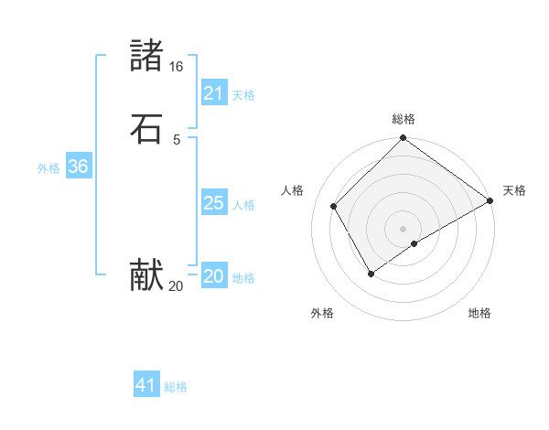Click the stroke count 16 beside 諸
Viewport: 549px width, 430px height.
tap(176, 67)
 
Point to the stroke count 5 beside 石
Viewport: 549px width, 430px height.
tap(176, 139)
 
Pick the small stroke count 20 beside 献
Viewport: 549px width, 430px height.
tap(176, 286)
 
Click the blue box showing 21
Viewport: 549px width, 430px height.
tap(213, 93)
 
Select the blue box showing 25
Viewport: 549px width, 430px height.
tap(213, 203)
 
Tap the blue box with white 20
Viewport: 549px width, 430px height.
tap(213, 276)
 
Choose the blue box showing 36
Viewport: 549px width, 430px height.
tap(78, 167)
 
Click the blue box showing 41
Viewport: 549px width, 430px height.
tap(146, 385)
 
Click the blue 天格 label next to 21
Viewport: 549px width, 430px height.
tap(243, 95)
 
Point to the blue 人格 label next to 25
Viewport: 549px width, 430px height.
tap(243, 205)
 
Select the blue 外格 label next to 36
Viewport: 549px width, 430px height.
tap(48, 168)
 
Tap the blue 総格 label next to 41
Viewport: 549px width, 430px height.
tap(176, 387)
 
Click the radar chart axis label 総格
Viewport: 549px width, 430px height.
tap(404, 119)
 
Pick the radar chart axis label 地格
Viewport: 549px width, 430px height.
tap(479, 313)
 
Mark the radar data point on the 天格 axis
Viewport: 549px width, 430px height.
tap(490, 200)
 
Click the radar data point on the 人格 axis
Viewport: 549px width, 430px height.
tap(334, 206)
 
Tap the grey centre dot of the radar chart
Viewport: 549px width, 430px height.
tap(404, 228)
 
